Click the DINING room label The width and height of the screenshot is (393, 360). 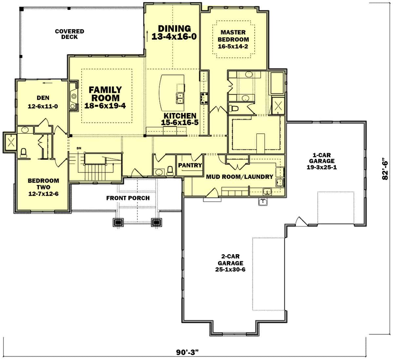[174, 28]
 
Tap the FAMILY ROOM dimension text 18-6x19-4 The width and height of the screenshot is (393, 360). [105, 106]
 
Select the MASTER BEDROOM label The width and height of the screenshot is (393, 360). [233, 36]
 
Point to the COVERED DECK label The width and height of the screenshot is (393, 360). [69, 34]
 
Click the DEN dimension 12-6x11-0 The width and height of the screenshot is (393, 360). [43, 106]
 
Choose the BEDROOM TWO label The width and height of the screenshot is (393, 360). [43, 184]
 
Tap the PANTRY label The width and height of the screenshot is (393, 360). [190, 165]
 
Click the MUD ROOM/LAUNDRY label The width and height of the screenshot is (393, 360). [240, 177]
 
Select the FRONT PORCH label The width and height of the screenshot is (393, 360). [128, 198]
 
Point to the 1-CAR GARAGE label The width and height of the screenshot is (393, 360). [322, 158]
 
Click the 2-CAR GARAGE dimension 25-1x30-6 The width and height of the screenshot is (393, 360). [230, 270]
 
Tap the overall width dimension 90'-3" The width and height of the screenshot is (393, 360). [187, 352]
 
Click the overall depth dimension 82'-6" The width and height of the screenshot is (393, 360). [385, 168]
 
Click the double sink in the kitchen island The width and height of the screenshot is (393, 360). [180, 98]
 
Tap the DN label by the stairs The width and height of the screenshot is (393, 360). [79, 148]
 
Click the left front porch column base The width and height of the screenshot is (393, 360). [118, 222]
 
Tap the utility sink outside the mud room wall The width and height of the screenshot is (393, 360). [263, 202]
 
